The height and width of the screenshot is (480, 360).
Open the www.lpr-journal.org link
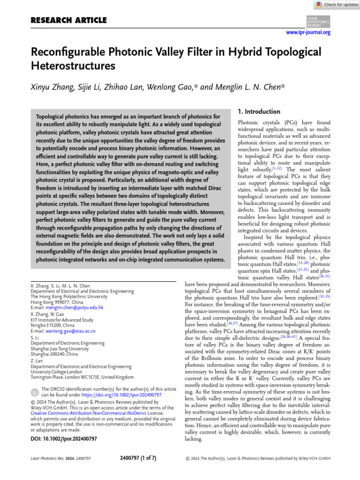[x=308, y=32]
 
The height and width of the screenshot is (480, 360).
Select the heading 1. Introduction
[x=258, y=112]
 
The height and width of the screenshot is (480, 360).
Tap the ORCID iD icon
[x=35, y=392]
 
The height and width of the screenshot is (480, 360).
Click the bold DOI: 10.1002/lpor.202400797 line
[x=64, y=439]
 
